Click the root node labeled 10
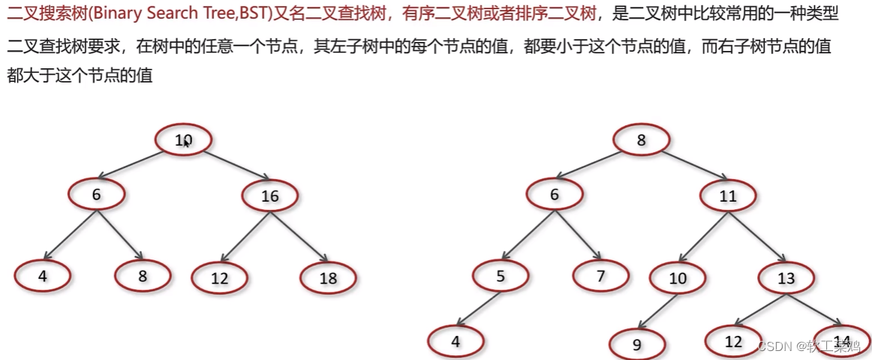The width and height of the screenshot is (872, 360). (x=184, y=139)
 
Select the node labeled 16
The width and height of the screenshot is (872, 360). (x=269, y=196)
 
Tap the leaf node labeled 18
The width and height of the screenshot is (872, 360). (x=328, y=278)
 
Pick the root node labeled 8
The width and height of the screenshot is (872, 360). (x=641, y=140)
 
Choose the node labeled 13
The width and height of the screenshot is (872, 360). (x=786, y=278)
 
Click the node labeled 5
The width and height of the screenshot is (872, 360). (x=501, y=276)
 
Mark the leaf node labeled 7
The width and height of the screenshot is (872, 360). (x=600, y=275)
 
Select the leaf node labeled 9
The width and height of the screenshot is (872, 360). (x=637, y=345)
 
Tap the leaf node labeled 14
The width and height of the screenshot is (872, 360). (x=841, y=341)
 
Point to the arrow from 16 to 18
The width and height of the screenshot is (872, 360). (x=300, y=236)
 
